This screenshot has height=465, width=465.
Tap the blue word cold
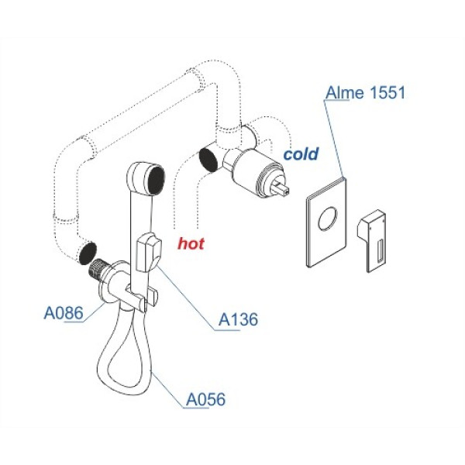coord(301,154)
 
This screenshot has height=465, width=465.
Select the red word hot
coord(191,243)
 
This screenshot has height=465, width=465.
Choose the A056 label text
coord(205,400)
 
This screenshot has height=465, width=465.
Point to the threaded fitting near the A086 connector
coord(98,269)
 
